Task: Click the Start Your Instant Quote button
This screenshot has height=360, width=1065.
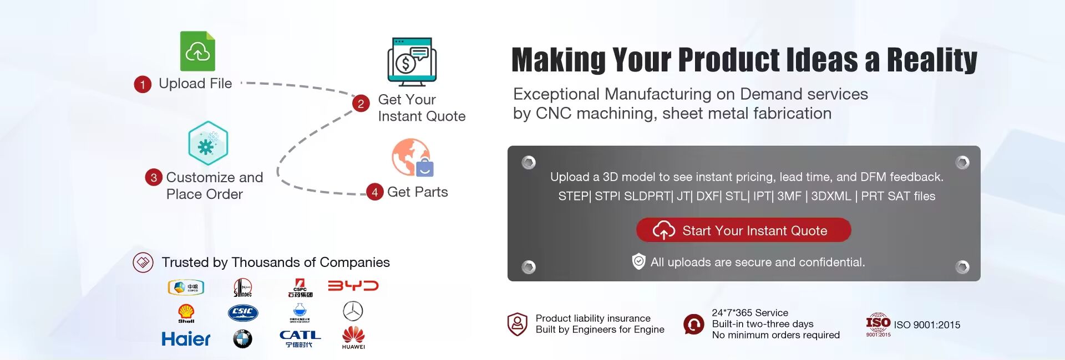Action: click(x=743, y=230)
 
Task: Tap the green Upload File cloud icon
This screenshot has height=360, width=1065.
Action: click(x=197, y=51)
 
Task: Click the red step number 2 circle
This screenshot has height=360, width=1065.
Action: click(x=361, y=104)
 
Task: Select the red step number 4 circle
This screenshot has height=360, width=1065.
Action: click(x=375, y=192)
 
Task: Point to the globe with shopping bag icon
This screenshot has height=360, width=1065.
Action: click(x=413, y=158)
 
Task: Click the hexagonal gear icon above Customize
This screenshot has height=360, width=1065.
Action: click(x=208, y=143)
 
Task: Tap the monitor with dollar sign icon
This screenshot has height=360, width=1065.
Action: click(x=412, y=61)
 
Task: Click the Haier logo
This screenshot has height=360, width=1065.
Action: click(x=186, y=338)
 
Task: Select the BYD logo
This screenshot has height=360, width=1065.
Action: click(x=353, y=286)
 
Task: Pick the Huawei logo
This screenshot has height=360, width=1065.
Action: click(x=353, y=337)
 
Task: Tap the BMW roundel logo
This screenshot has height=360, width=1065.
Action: click(x=242, y=338)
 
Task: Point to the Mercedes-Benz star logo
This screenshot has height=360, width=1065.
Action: click(x=353, y=311)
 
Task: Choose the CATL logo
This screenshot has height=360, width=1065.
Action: click(x=300, y=338)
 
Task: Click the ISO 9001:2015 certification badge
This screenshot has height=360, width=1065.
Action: click(x=878, y=325)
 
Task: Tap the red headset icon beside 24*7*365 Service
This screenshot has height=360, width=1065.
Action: click(x=693, y=324)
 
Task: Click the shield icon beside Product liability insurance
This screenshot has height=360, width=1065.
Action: click(x=517, y=324)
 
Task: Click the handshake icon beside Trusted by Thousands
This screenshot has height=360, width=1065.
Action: click(x=143, y=263)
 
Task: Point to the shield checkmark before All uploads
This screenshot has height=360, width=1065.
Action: click(x=639, y=261)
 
